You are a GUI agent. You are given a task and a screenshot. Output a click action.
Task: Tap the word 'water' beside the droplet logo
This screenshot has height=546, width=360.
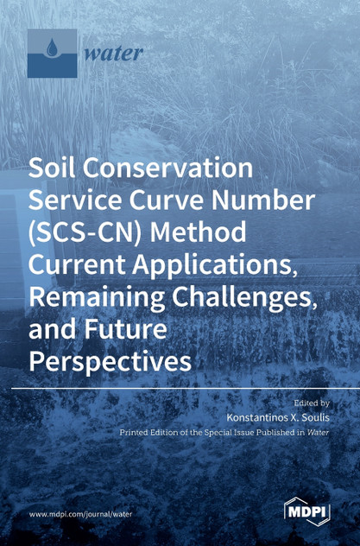point(113,52)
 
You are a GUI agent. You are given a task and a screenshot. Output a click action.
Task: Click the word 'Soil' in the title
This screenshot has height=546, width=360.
point(53,168)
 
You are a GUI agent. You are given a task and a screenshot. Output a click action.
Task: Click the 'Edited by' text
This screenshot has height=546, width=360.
point(312,403)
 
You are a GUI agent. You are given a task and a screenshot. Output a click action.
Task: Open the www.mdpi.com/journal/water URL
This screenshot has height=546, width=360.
point(81,513)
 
